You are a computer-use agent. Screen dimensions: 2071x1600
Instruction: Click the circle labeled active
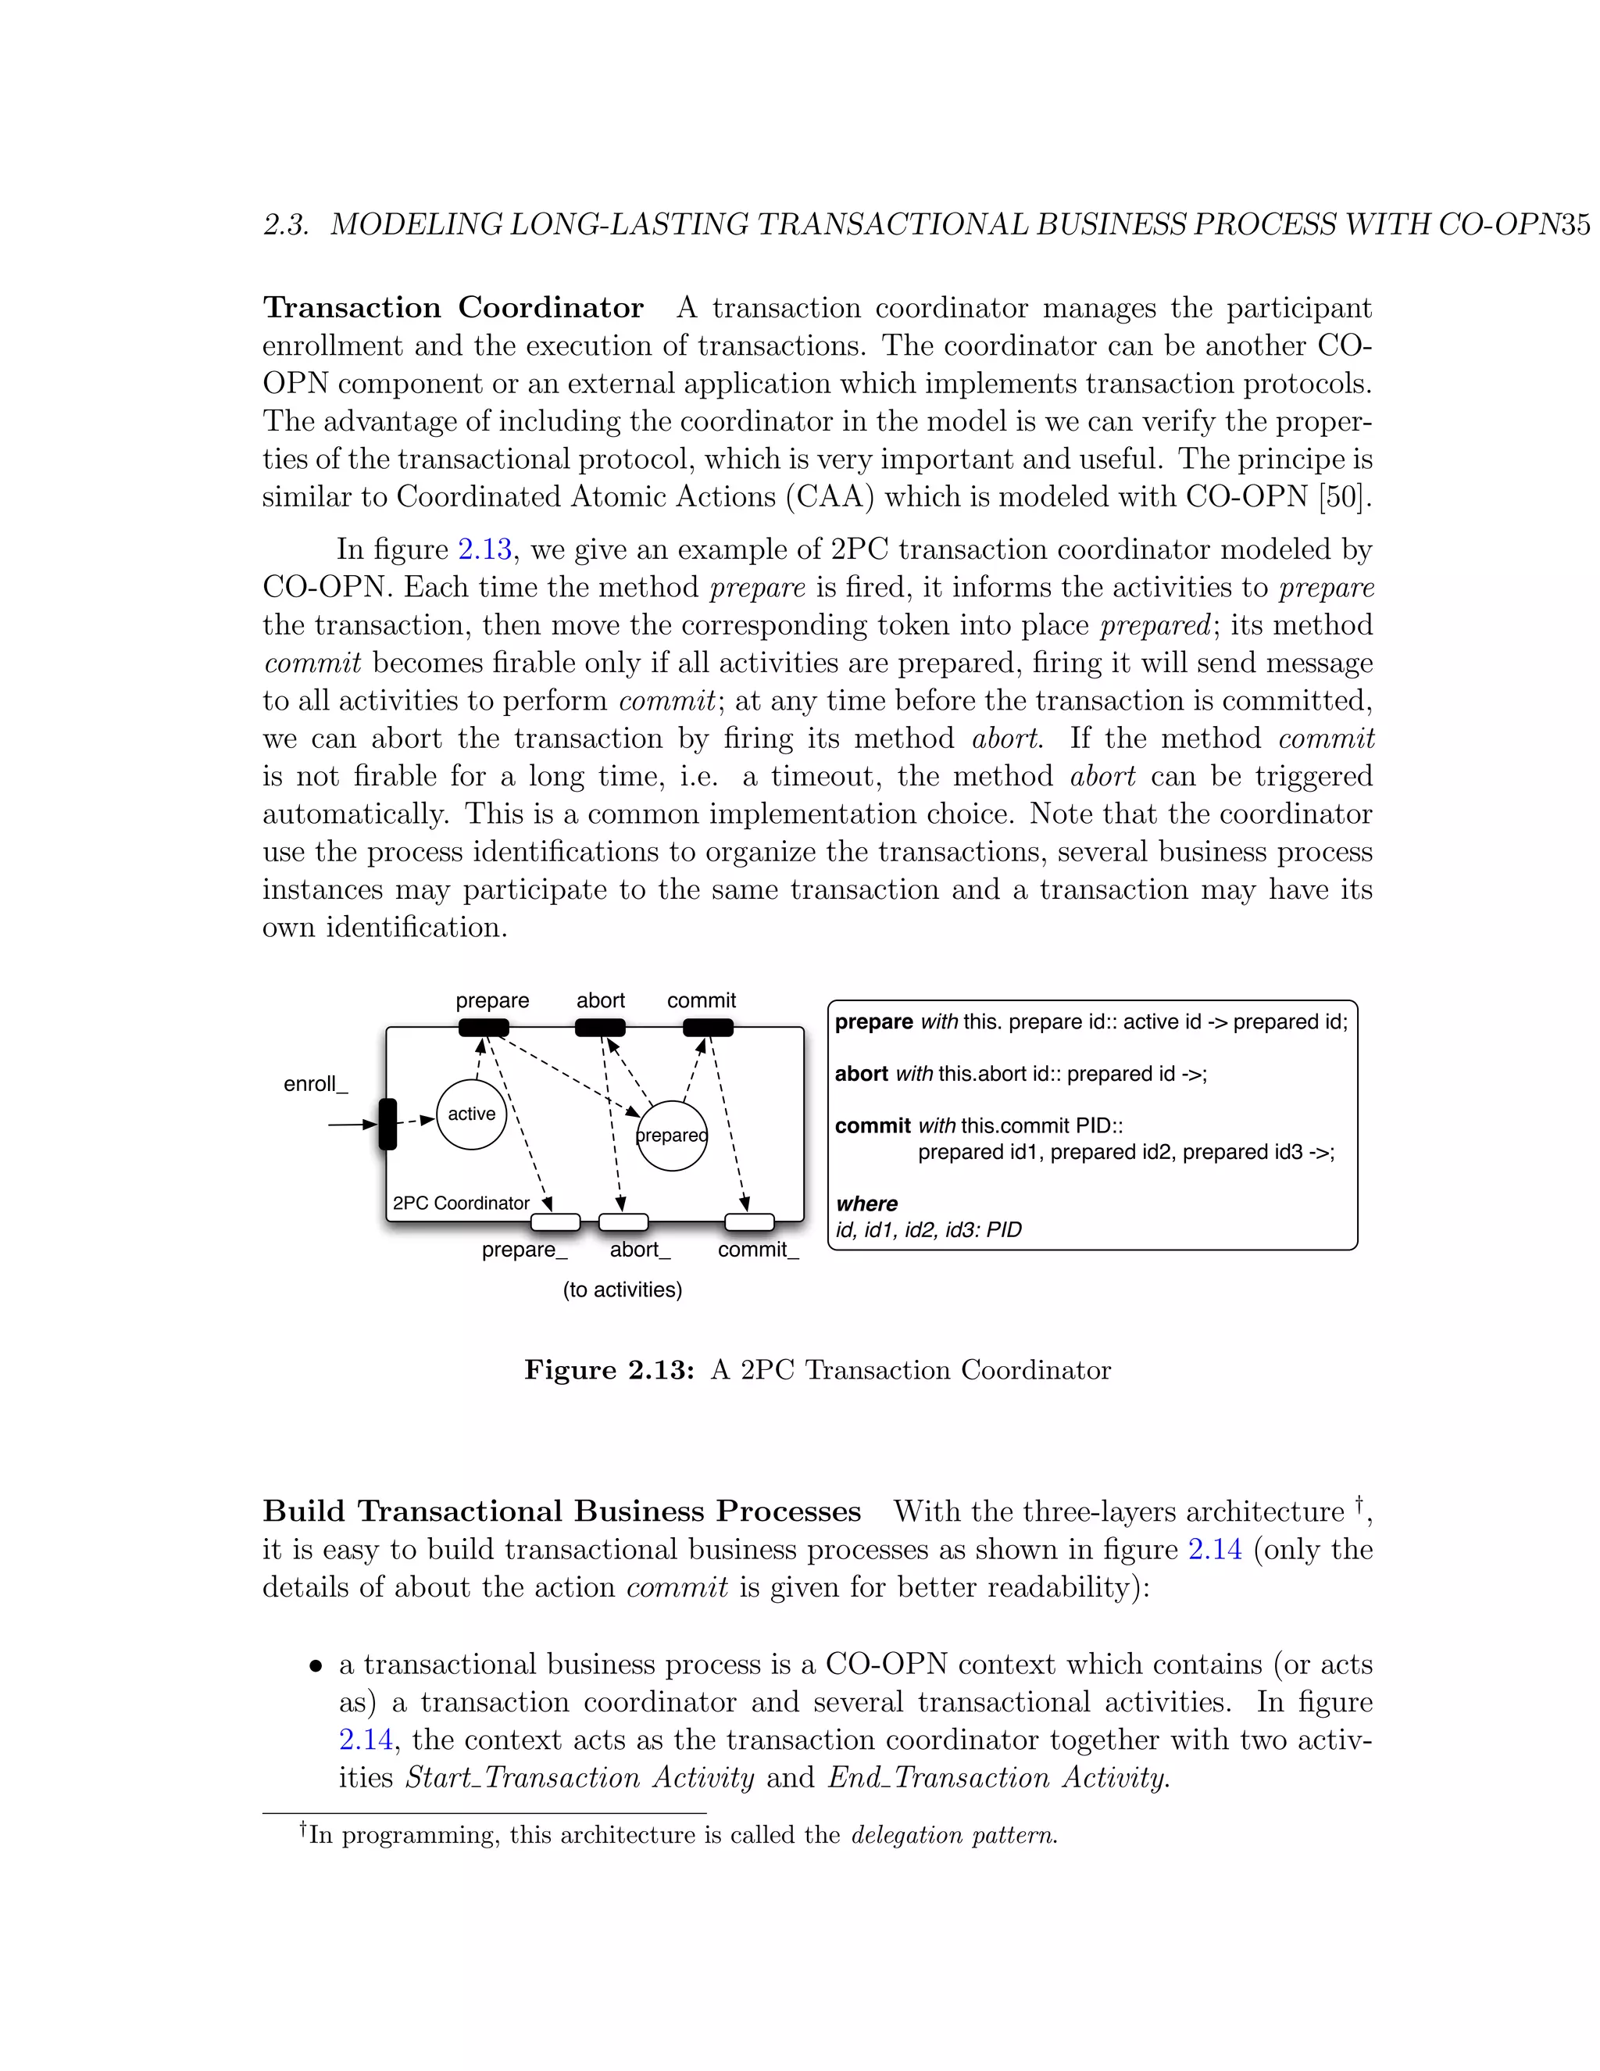click(x=471, y=1114)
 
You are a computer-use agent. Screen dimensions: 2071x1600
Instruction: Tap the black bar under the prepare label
click(x=484, y=1028)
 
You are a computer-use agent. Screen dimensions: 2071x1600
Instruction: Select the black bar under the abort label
click(x=600, y=1028)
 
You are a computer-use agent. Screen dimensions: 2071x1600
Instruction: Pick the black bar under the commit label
click(x=708, y=1028)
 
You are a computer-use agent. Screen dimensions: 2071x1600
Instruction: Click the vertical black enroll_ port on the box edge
click(x=387, y=1125)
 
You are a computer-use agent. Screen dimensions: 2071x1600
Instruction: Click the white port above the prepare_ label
click(x=555, y=1222)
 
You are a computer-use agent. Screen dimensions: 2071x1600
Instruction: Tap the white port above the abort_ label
click(x=623, y=1222)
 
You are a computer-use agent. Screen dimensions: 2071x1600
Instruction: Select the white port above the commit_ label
click(x=748, y=1222)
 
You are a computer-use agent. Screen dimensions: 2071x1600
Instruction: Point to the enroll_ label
click(x=316, y=1084)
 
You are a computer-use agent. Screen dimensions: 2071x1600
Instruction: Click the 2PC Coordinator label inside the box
click(x=461, y=1204)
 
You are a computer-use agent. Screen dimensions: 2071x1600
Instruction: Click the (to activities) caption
click(x=623, y=1289)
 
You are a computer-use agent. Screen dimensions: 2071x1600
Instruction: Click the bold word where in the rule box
click(x=866, y=1204)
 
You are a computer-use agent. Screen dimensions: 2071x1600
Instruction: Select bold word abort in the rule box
click(x=861, y=1075)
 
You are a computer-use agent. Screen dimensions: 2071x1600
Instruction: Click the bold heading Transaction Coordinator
click(x=453, y=308)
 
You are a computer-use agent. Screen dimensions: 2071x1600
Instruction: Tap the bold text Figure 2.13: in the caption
click(x=609, y=1370)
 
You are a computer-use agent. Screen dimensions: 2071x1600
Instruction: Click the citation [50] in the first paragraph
click(x=1344, y=497)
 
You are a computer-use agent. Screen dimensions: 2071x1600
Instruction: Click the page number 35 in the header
click(x=1574, y=225)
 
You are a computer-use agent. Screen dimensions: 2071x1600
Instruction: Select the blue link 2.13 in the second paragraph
click(x=484, y=550)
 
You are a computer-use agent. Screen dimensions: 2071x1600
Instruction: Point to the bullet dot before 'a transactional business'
click(x=316, y=1667)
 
